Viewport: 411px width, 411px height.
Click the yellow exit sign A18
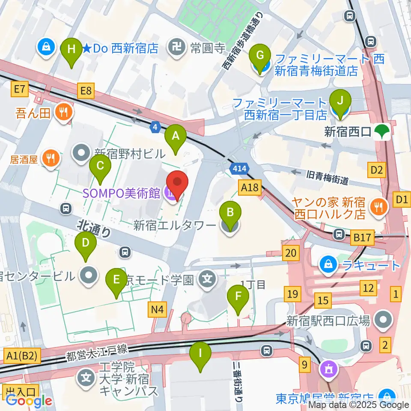tap(250, 187)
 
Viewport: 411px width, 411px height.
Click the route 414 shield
tap(240, 169)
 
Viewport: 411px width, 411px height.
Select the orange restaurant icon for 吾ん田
tap(64, 113)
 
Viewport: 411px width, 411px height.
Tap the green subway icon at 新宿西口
tap(380, 131)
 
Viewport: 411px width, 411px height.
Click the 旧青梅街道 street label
tap(327, 177)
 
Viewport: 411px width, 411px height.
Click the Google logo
tap(29, 401)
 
